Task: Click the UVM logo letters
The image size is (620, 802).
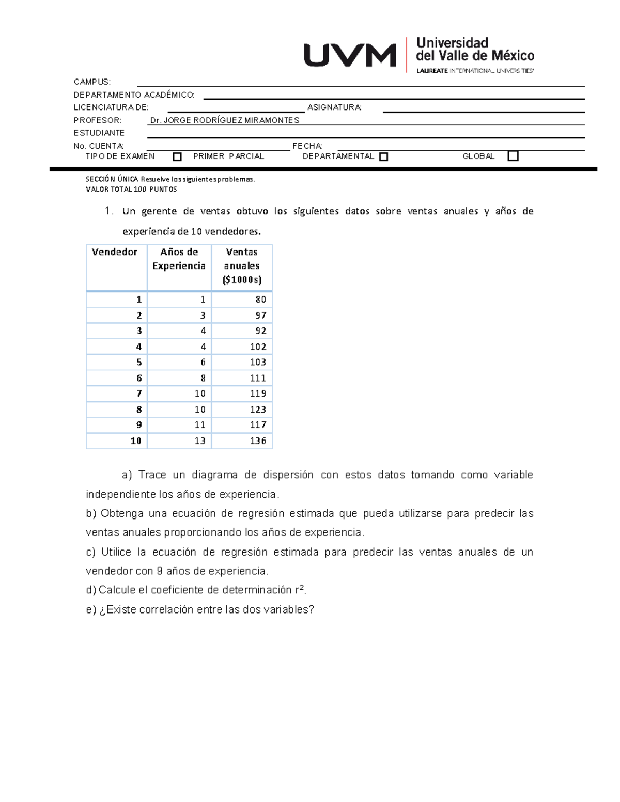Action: tap(350, 55)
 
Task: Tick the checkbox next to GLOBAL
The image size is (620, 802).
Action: tap(513, 156)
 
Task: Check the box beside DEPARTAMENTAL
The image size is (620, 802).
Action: tap(383, 156)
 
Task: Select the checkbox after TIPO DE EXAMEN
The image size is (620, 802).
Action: tap(177, 156)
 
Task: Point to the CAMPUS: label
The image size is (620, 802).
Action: tap(92, 82)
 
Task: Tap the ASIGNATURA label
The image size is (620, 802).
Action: tap(334, 107)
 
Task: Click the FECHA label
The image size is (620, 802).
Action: tap(307, 146)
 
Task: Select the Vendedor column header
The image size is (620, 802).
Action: tap(115, 252)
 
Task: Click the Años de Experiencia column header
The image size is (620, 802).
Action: tap(179, 259)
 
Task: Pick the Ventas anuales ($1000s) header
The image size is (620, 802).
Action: tap(242, 266)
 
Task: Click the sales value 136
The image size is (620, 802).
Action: tap(258, 441)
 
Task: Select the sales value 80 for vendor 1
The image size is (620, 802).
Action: tap(260, 300)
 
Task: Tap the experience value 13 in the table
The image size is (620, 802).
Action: tap(200, 441)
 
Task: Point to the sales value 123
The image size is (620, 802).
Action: tap(258, 410)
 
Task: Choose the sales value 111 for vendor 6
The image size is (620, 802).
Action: tap(258, 378)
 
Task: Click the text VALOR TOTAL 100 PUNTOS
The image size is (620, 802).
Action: tap(131, 190)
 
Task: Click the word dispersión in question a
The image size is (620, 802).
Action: tap(288, 475)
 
